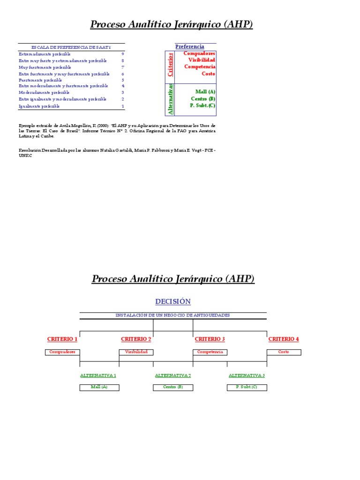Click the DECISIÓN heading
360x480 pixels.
coord(173,301)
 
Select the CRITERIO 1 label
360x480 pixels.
coord(62,339)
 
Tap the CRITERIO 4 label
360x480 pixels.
coord(284,339)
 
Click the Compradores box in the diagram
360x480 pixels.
coord(62,352)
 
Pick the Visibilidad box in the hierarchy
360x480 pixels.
coord(136,352)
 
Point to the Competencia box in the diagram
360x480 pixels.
coord(210,352)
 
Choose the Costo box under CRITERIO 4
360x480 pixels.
coord(284,352)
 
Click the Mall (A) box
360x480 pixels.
coord(99,387)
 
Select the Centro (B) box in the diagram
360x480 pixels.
coord(173,387)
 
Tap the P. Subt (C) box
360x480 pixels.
coord(247,387)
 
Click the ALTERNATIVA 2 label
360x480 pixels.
coord(173,375)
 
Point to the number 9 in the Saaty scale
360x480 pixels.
coord(122,54)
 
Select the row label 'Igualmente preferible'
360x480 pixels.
coord(39,106)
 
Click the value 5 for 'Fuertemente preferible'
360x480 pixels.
coord(122,80)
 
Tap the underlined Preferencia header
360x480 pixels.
coord(189,46)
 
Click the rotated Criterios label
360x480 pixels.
coord(170,65)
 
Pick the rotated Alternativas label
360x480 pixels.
coord(170,99)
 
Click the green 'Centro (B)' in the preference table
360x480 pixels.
coord(203,99)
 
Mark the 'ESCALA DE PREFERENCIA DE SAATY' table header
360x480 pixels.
coord(71,47)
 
